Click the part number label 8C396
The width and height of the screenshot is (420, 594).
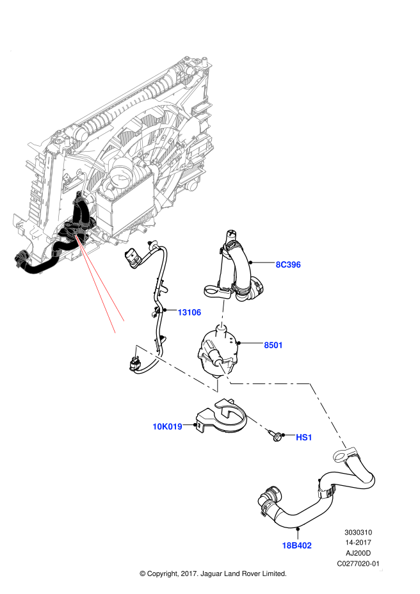coord(288,265)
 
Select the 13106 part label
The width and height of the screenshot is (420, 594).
coord(190,312)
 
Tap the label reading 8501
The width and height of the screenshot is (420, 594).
coord(273,345)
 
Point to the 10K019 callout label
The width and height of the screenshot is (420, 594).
coord(167,426)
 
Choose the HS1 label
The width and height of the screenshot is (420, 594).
coord(304,437)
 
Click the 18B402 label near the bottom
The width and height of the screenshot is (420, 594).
coord(296,545)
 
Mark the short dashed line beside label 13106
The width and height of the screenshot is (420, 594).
coord(223,314)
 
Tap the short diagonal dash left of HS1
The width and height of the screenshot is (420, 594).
coord(257,422)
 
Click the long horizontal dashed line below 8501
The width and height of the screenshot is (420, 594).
coord(270,383)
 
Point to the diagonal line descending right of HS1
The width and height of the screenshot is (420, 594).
coord(328,415)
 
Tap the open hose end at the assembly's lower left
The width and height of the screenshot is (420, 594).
coord(19,259)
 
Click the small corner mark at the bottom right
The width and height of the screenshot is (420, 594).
coord(381,570)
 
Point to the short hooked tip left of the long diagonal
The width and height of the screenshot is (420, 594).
coord(136,350)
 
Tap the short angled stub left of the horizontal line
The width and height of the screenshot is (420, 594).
coord(225,373)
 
